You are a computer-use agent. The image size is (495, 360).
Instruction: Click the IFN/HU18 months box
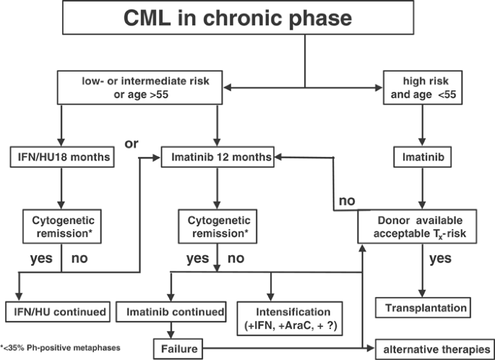click(x=61, y=155)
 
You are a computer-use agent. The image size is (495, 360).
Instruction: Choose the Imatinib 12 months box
click(x=218, y=155)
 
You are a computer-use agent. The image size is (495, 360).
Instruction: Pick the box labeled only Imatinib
click(x=423, y=155)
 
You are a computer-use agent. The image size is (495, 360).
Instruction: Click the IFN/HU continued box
click(x=61, y=313)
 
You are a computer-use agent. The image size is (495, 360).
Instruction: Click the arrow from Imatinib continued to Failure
click(x=171, y=330)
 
